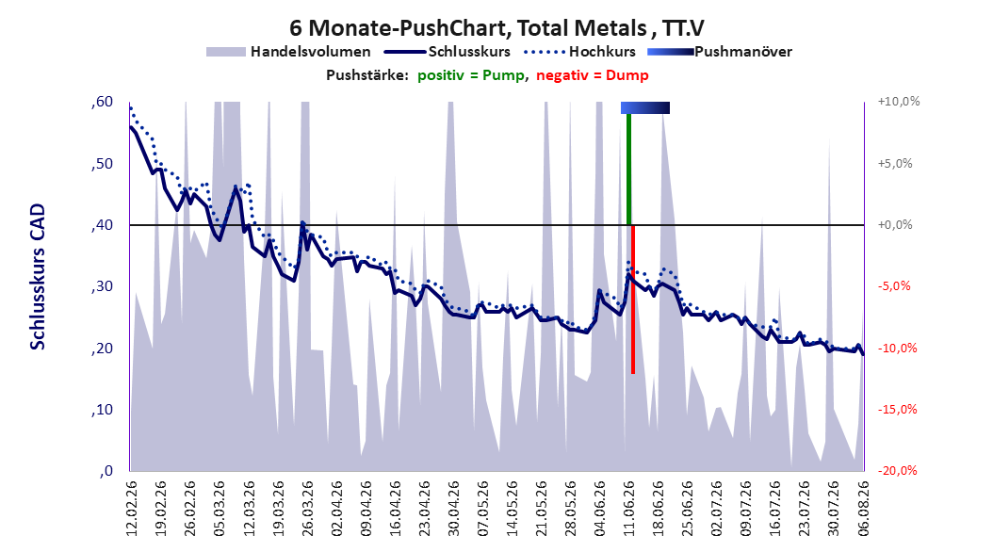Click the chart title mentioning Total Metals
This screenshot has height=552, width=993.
tap(496, 28)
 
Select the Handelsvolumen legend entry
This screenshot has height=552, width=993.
tap(288, 52)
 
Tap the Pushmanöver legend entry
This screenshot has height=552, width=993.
tap(720, 52)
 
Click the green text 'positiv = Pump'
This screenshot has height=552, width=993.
tap(471, 75)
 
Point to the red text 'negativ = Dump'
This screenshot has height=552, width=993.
tap(593, 75)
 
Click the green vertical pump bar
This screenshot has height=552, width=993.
tap(628, 169)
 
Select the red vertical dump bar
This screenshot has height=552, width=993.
tap(633, 299)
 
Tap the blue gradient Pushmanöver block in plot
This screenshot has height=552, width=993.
tap(644, 107)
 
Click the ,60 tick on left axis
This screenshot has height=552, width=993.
tap(102, 102)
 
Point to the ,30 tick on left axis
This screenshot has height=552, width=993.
tap(102, 286)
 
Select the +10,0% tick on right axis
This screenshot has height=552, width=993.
tap(899, 102)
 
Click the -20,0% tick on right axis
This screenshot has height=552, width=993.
tap(897, 470)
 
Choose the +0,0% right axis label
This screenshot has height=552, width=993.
tap(895, 225)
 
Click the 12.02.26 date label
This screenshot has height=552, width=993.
tap(132, 508)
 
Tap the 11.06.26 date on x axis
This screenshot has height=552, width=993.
tap(628, 508)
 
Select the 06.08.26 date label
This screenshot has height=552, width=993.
tap(863, 508)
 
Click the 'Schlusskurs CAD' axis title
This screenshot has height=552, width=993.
tap(38, 277)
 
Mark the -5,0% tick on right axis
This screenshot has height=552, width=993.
tap(894, 286)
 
